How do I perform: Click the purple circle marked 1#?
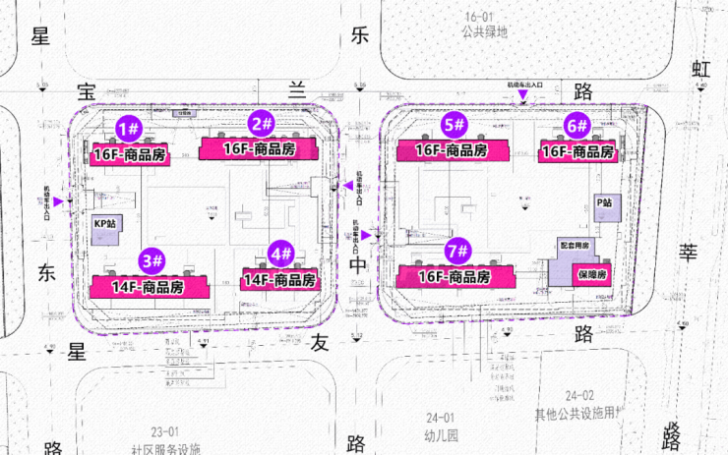tap(129, 127)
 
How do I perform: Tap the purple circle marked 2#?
tap(261, 124)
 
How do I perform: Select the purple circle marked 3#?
tap(152, 261)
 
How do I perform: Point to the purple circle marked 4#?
tap(280, 254)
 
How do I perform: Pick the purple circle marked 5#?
tap(453, 125)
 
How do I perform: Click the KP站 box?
tap(104, 224)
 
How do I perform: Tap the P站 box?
tap(604, 202)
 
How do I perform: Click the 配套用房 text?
tap(575, 245)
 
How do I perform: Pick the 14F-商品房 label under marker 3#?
tap(150, 288)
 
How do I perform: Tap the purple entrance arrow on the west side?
tap(59, 201)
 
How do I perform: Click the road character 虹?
tap(700, 69)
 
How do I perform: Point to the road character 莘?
tap(688, 253)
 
